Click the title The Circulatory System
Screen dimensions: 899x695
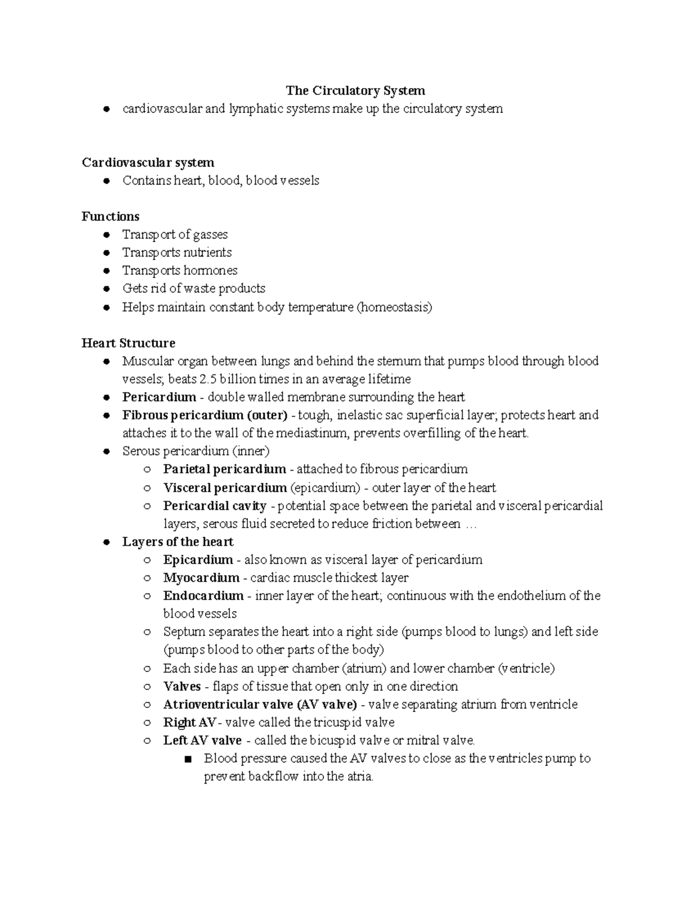point(355,90)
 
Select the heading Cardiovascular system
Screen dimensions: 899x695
point(148,162)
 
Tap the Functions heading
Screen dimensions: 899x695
point(110,216)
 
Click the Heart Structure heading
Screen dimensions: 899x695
point(128,343)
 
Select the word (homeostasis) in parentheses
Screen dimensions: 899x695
point(394,307)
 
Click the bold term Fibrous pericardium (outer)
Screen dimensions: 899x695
point(205,415)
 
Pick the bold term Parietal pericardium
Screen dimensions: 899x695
point(224,469)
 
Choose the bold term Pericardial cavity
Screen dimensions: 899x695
point(214,505)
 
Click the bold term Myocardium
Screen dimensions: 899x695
point(201,577)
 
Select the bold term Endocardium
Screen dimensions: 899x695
point(203,595)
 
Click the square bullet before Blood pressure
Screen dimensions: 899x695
point(187,759)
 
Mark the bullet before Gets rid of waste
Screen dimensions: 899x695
point(106,289)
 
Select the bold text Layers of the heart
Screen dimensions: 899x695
point(178,541)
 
